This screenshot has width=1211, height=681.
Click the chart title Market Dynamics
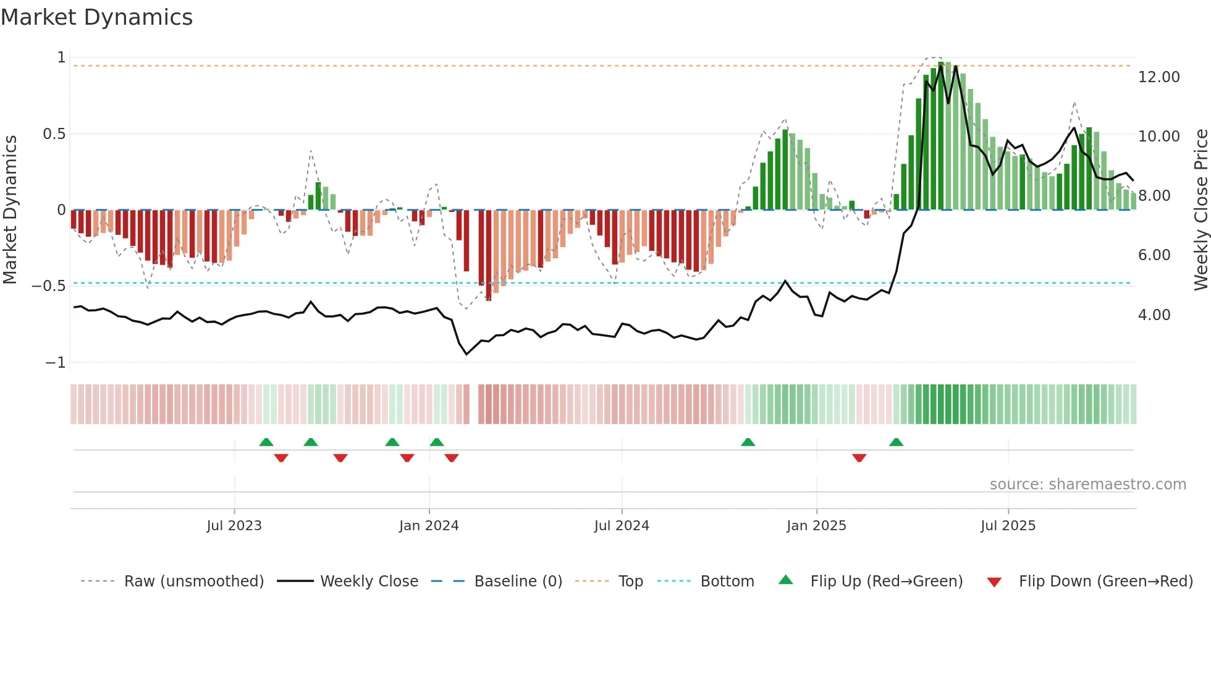tap(97, 17)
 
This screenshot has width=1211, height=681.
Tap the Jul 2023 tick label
tap(234, 526)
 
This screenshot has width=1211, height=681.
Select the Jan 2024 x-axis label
tap(429, 526)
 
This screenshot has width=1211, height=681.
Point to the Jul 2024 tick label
tap(622, 526)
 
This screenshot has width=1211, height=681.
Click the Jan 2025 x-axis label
tap(816, 526)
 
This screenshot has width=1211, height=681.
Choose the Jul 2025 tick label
tap(1008, 526)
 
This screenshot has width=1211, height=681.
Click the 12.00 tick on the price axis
tap(1158, 77)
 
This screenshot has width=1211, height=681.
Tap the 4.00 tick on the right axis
tap(1154, 315)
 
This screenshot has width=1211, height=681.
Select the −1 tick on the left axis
tap(56, 363)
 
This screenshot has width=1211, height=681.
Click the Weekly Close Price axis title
tap(1200, 209)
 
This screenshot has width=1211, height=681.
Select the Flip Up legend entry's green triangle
tap(785, 580)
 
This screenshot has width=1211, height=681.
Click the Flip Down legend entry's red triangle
tap(994, 582)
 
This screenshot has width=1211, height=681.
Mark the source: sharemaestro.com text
tap(1087, 484)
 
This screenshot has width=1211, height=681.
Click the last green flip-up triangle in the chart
tap(896, 442)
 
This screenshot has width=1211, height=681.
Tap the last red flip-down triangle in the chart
tap(859, 458)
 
